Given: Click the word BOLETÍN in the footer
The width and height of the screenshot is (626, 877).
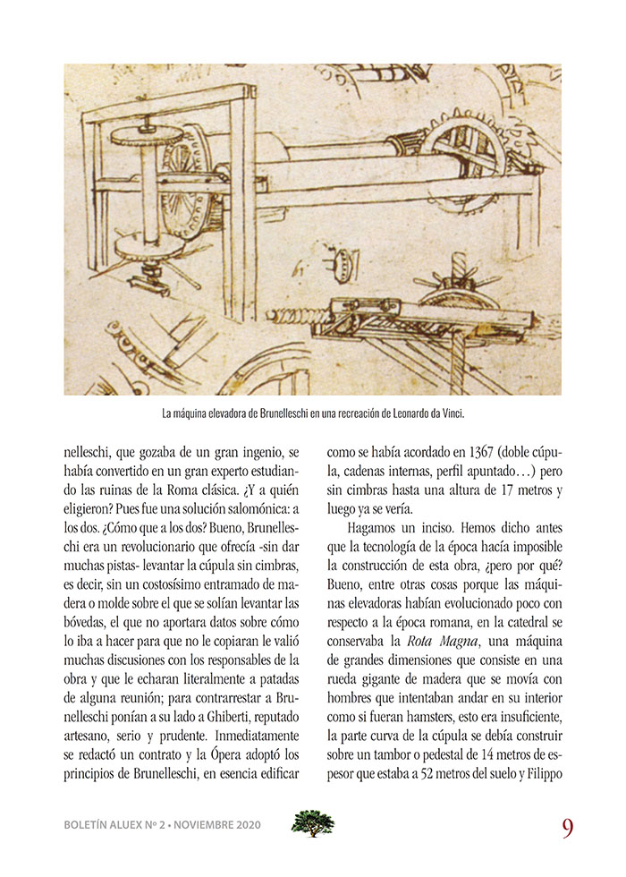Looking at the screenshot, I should [x=90, y=825].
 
